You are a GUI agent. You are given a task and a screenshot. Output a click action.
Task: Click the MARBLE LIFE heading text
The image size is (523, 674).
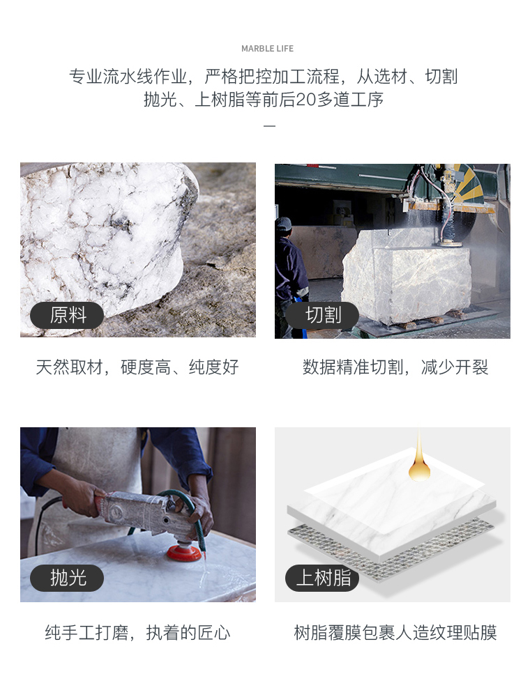[x=267, y=49]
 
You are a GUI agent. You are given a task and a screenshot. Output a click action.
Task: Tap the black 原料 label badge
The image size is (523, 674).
[x=67, y=315]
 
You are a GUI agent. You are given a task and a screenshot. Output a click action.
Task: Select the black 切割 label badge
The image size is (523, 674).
[x=322, y=315]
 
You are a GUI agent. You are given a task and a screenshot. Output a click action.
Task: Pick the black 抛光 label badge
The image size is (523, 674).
[x=67, y=578]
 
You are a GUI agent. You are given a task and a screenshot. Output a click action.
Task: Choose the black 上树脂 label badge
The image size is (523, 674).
[x=322, y=578]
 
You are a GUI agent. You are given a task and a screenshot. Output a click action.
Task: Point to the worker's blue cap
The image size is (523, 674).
[x=283, y=223]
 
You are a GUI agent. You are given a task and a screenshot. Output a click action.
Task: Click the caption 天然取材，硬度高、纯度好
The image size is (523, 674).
[x=137, y=367]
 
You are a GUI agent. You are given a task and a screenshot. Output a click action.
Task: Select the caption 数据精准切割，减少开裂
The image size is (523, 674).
[x=395, y=367]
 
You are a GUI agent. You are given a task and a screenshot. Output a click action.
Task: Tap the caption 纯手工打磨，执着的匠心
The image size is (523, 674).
[x=137, y=633]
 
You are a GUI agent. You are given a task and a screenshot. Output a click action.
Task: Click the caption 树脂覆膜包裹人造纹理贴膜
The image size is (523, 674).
[x=395, y=633]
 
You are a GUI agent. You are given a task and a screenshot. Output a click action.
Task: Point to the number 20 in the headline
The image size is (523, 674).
[x=306, y=100]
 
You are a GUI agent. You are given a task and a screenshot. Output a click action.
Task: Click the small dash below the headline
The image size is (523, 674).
[x=269, y=126]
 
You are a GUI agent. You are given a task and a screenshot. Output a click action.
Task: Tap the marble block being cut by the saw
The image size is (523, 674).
[x=407, y=275]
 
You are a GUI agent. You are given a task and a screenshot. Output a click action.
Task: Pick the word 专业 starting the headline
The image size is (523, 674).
[x=86, y=77]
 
